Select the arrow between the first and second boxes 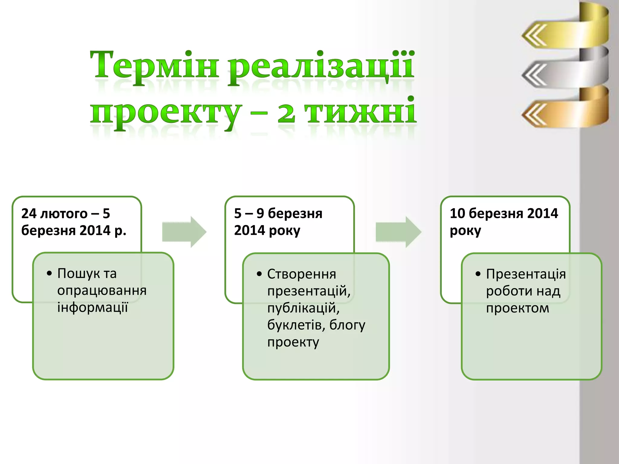[x=184, y=232]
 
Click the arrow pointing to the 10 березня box [x=398, y=232]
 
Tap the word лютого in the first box [x=64, y=214]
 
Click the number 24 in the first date [x=29, y=214]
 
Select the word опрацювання [x=102, y=291]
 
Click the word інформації [x=92, y=308]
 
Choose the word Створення [x=301, y=274]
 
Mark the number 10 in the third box [x=457, y=214]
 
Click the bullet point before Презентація [x=478, y=274]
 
